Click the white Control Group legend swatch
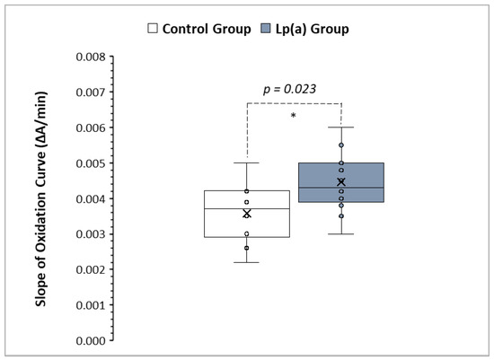[x=153, y=29]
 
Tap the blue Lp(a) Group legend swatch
[x=266, y=29]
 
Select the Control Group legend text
[x=207, y=29]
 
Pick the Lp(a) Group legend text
[x=313, y=29]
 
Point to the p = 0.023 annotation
[x=289, y=89]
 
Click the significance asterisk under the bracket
[x=294, y=116]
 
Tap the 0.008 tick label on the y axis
[x=91, y=57]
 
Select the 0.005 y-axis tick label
[x=91, y=163]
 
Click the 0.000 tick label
[x=91, y=341]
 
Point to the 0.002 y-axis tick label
[x=91, y=270]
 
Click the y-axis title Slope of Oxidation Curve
[x=41, y=199]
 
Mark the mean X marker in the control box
[x=247, y=214]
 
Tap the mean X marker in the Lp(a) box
[x=341, y=181]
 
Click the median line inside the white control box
[x=247, y=208]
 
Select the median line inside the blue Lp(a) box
[x=341, y=188]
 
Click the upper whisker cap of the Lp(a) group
[x=341, y=127]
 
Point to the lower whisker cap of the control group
[x=247, y=262]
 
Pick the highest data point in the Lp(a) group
[x=341, y=145]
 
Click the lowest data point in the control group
[x=247, y=248]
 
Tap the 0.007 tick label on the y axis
[x=91, y=92]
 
